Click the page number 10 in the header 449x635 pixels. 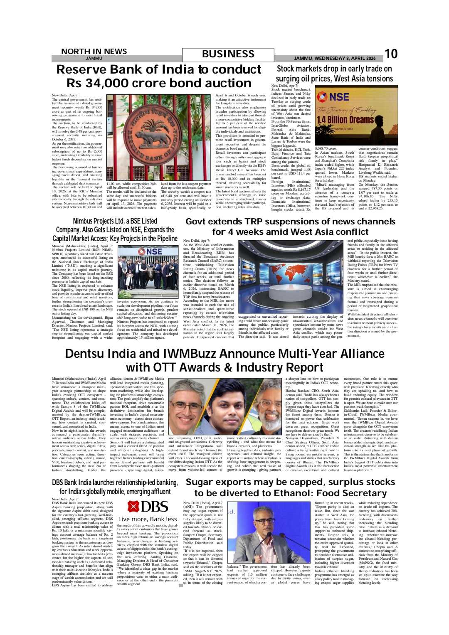pyautogui.click(x=391, y=54)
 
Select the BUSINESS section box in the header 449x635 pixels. pyautogui.click(x=228, y=54)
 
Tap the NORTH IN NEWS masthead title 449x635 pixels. pyautogui.click(x=94, y=51)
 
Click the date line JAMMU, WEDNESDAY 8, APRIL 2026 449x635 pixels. pyautogui.click(x=335, y=58)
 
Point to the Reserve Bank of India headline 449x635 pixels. pyautogui.click(x=159, y=76)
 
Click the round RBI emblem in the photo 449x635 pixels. pyautogui.click(x=159, y=133)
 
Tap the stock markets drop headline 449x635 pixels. pyautogui.click(x=334, y=74)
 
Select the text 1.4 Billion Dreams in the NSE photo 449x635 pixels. pyautogui.click(x=345, y=120)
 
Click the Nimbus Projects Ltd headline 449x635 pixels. pyautogui.click(x=115, y=230)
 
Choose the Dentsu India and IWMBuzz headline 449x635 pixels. pyautogui.click(x=224, y=360)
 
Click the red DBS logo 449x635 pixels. pyautogui.click(x=148, y=507)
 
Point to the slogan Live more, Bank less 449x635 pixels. pyautogui.click(x=148, y=519)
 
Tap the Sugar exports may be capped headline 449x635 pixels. pyautogui.click(x=290, y=487)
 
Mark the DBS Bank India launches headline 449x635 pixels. pyautogui.click(x=115, y=487)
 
